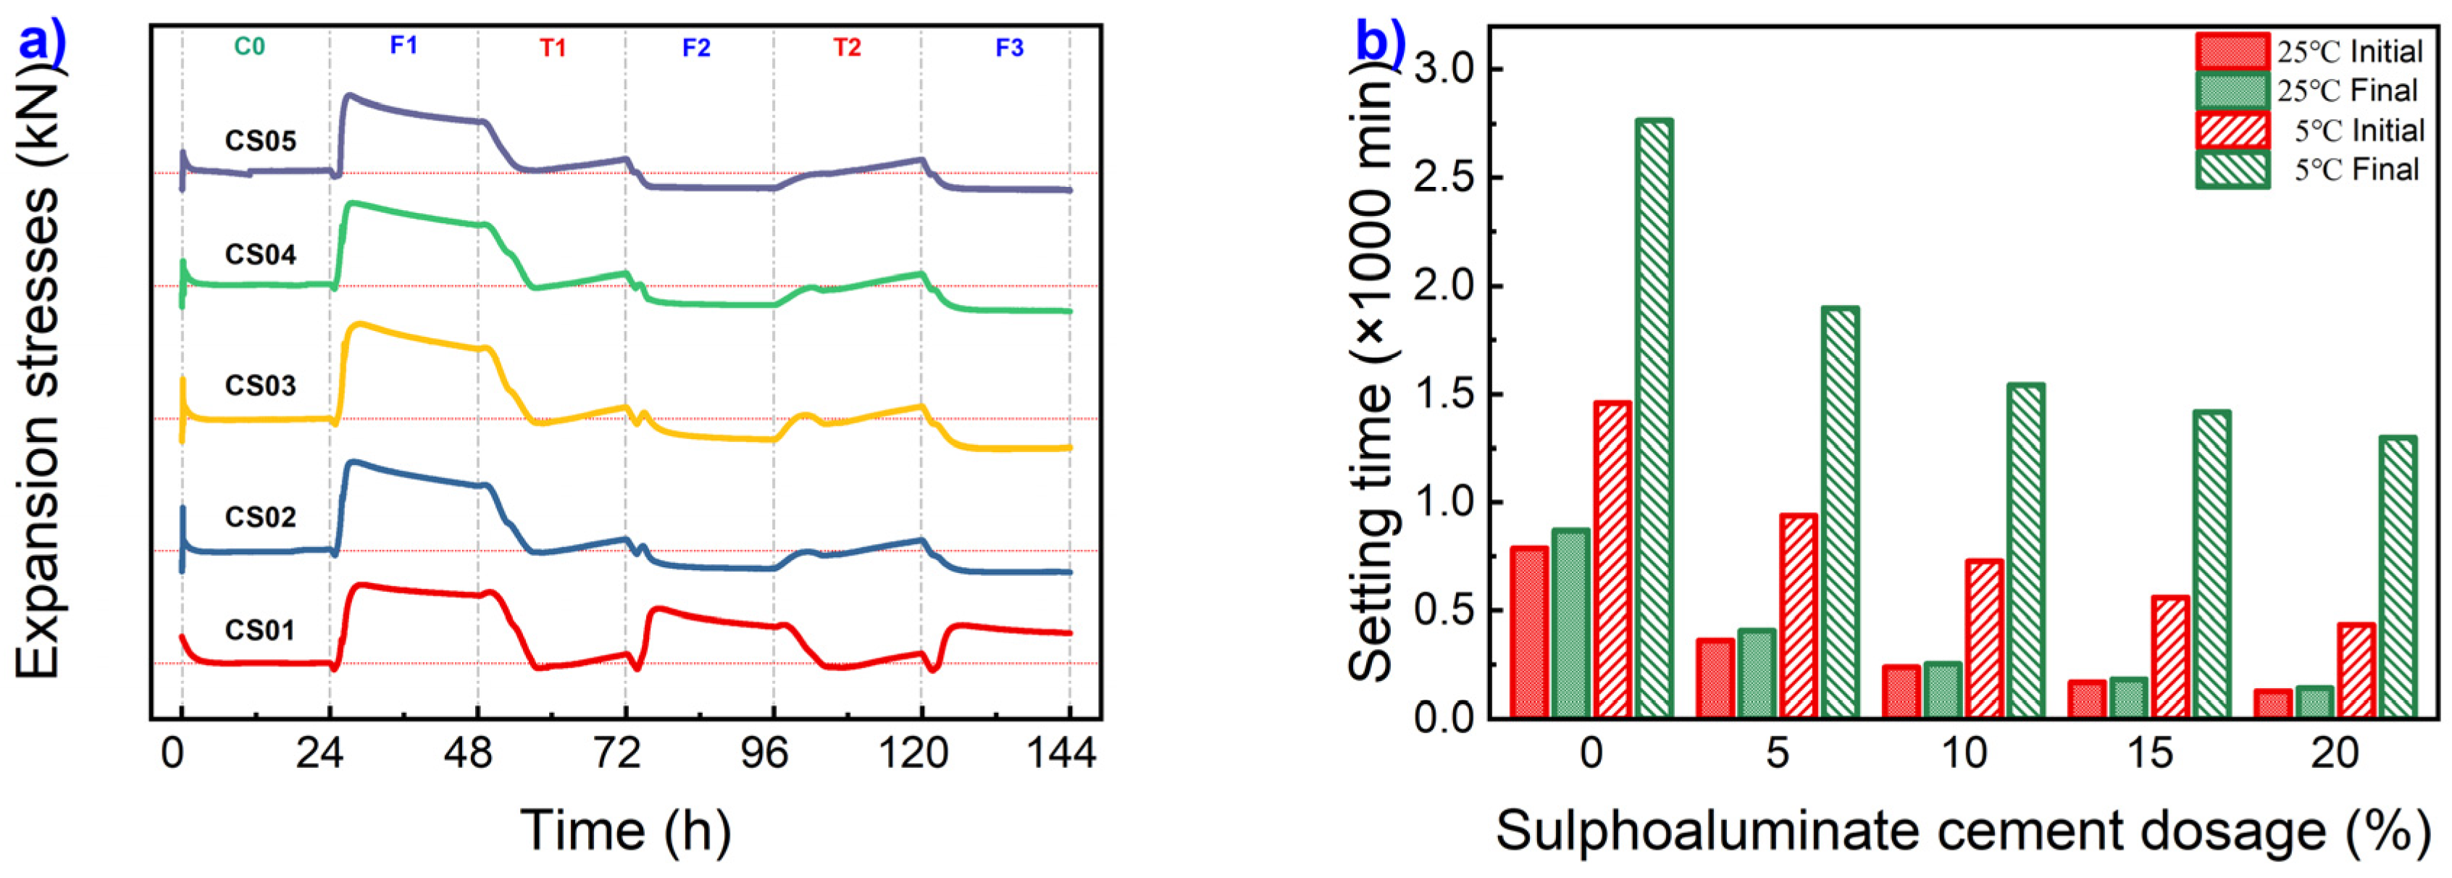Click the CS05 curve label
point(260,141)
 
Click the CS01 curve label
point(260,630)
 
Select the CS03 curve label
point(260,385)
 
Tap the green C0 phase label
point(249,46)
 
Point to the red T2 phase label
point(848,48)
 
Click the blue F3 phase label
point(1009,48)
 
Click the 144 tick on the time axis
point(1060,754)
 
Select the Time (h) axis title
point(625,830)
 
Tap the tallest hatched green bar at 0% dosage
point(1654,419)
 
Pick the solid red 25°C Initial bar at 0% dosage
point(1528,632)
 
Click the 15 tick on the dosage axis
point(2149,754)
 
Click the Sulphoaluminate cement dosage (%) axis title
point(1963,830)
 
